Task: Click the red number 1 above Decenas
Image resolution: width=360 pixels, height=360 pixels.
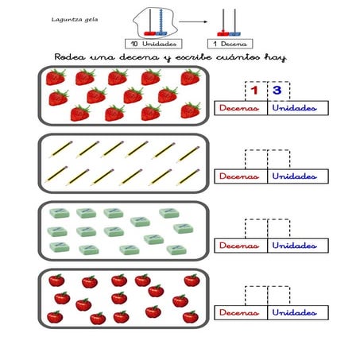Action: [254, 91]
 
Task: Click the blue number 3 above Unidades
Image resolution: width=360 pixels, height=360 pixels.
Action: [277, 91]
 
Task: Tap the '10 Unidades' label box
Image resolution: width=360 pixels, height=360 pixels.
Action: [153, 44]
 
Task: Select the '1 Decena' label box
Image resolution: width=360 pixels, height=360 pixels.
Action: [230, 44]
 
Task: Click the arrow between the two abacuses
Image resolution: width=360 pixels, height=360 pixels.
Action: [193, 21]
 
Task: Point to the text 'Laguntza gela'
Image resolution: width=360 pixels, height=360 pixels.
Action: [75, 20]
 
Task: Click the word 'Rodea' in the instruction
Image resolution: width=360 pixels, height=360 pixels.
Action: [70, 57]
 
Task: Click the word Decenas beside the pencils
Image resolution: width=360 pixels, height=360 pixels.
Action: [239, 176]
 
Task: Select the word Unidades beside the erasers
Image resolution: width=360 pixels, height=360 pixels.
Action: [294, 246]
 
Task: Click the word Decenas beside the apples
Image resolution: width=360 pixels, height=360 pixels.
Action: [239, 312]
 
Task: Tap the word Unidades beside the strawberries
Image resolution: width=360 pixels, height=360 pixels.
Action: [294, 108]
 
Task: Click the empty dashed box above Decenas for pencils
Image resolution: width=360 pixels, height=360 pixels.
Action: [256, 159]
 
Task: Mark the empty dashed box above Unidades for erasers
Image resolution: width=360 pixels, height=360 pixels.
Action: [279, 228]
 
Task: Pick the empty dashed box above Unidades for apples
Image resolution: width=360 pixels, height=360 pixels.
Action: [279, 296]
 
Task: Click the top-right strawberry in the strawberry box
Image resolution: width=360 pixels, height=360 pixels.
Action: [191, 77]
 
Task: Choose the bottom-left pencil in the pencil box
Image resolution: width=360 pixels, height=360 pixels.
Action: [56, 174]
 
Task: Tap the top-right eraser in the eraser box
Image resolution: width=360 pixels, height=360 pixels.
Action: [169, 213]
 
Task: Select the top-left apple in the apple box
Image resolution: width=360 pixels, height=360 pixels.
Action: [56, 281]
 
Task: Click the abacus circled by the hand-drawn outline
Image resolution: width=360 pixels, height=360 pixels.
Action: [156, 22]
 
